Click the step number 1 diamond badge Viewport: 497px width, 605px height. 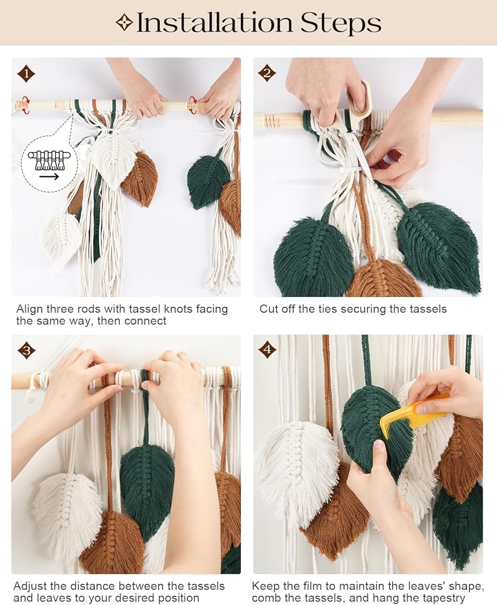pos(26,74)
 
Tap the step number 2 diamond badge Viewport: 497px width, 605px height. pos(267,73)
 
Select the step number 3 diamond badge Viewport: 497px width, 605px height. pos(26,350)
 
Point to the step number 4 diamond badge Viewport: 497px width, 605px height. pos(267,350)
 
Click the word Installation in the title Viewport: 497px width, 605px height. pos(215,22)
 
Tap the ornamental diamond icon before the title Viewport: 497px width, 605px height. pos(124,23)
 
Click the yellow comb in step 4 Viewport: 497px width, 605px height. pos(413,415)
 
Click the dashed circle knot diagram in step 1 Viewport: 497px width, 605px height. pos(50,163)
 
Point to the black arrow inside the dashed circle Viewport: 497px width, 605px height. pos(49,177)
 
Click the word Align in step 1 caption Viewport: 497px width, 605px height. pos(29,309)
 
